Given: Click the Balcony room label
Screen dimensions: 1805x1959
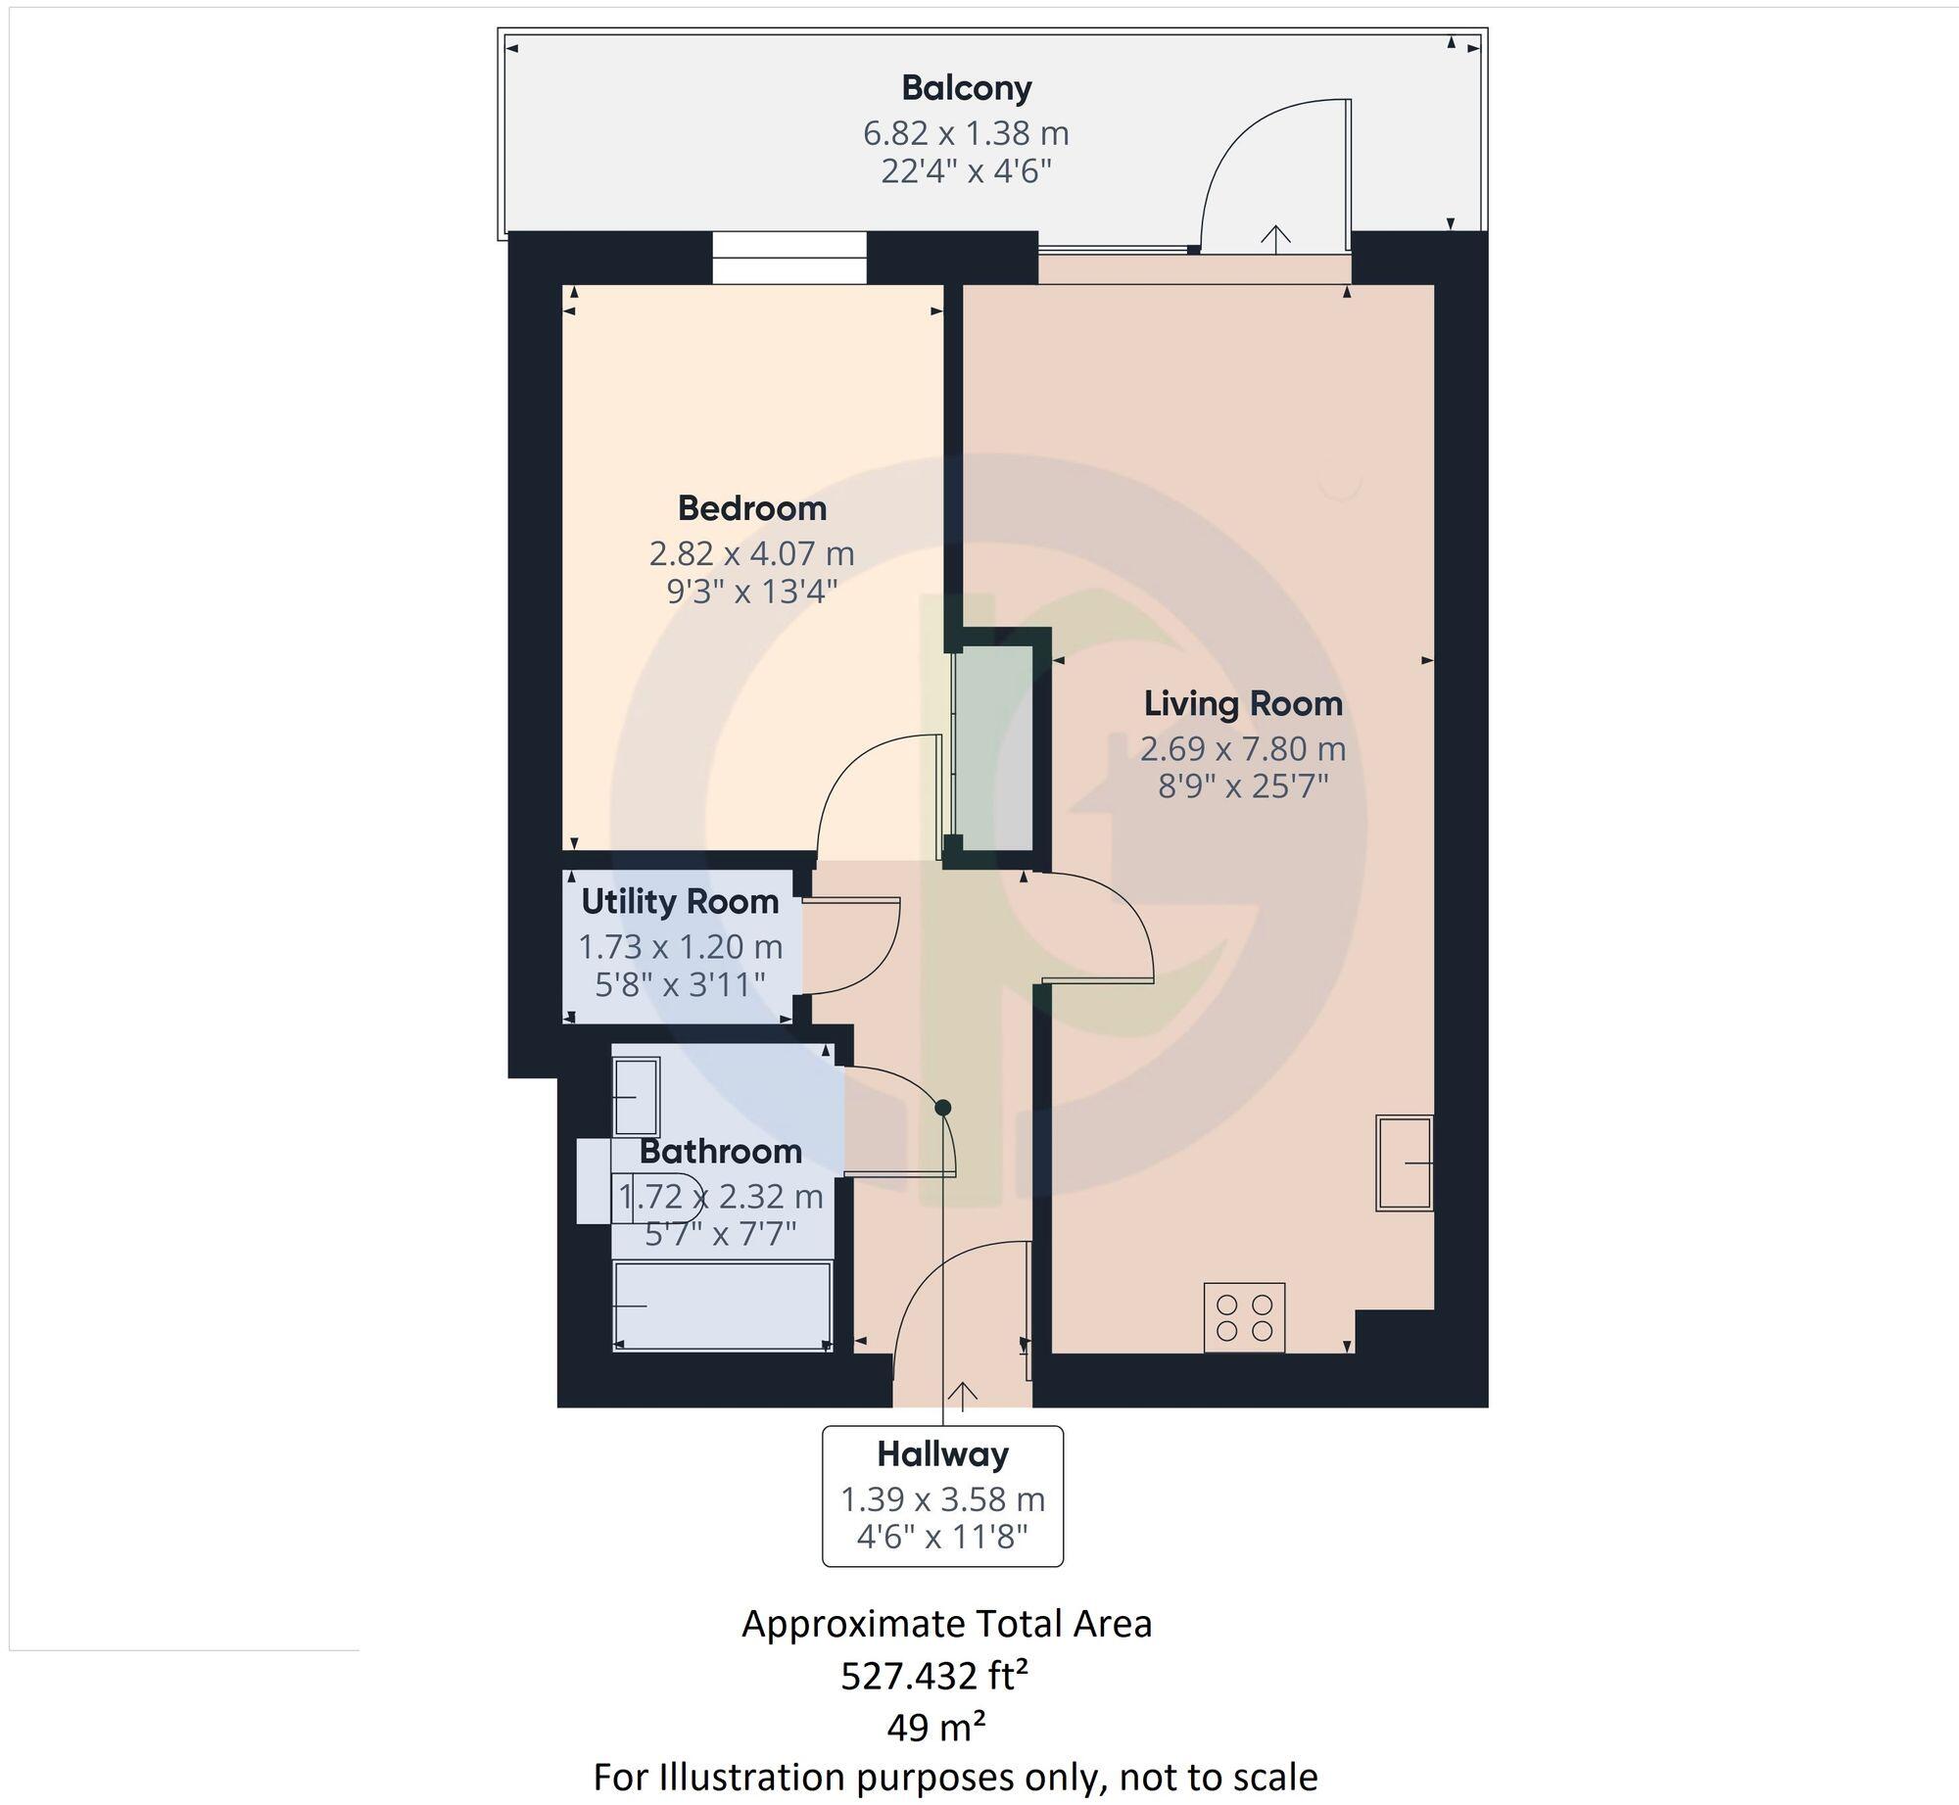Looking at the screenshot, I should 966,88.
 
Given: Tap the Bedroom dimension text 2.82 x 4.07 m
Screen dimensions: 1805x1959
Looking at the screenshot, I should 751,554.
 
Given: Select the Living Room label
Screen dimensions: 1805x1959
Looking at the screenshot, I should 1243,703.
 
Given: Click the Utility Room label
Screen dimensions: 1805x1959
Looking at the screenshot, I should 680,902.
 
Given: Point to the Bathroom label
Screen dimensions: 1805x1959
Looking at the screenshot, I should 721,1151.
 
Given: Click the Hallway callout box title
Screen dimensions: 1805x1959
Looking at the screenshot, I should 942,1454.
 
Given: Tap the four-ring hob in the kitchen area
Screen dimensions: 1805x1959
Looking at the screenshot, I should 1244,1317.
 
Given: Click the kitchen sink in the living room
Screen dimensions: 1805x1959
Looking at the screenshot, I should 1404,1163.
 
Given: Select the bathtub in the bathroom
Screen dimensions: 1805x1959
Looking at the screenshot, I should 722,1305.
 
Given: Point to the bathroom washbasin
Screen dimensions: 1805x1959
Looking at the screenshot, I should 636,1097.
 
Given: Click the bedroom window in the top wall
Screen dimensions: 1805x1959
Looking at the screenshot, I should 788,258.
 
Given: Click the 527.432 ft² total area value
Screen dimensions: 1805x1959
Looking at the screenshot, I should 934,1678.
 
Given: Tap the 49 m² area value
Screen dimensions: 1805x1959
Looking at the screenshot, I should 935,1729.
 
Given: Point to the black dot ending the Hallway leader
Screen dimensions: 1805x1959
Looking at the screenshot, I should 943,1108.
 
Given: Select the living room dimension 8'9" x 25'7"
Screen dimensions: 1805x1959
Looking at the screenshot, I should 1243,786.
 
